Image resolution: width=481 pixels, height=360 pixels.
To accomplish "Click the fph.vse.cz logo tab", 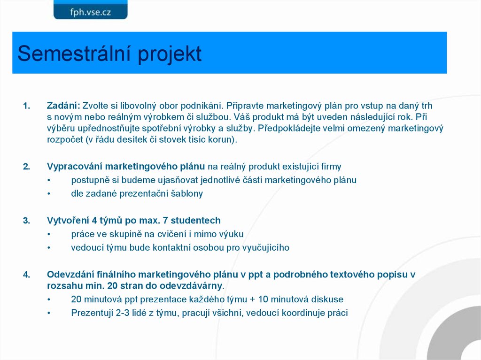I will pos(90,10).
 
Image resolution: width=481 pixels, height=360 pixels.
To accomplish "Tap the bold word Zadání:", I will pos(63,106).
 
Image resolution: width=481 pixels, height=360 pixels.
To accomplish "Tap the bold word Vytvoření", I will pos(67,221).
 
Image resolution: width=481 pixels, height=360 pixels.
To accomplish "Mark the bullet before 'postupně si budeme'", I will pos(49,180).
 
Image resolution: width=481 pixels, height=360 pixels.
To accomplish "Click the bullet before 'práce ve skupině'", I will pos(49,234).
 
